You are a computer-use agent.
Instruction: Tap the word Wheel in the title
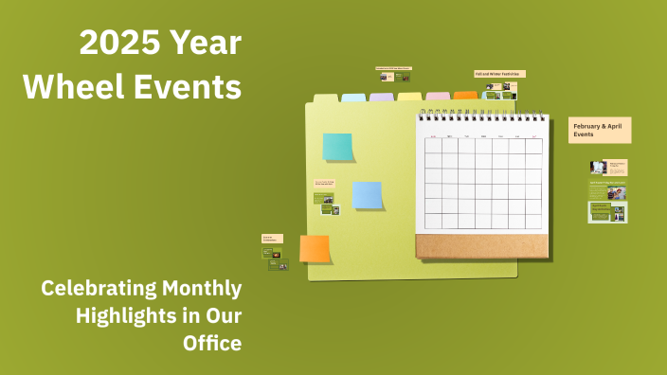pos(63,87)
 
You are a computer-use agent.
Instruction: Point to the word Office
pos(212,342)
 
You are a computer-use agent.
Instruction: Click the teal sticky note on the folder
pos(337,147)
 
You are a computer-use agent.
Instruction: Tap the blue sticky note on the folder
pos(367,195)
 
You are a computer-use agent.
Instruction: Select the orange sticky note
pos(315,248)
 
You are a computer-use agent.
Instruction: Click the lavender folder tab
pos(382,97)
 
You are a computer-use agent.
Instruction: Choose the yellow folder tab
pos(409,96)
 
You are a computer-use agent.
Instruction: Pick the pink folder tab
pos(438,96)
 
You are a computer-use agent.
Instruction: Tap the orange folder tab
pos(465,95)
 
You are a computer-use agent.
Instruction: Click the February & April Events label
pos(600,130)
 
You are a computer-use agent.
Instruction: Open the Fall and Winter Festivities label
pos(499,73)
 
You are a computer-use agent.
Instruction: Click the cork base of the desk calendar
pos(481,246)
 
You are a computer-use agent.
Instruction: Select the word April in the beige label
pos(616,125)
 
